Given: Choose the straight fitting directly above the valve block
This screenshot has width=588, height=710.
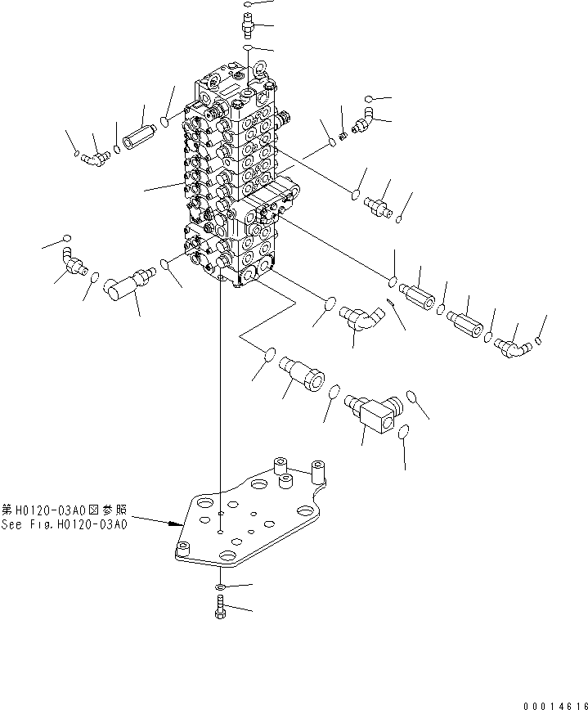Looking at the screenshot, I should [x=249, y=21].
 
